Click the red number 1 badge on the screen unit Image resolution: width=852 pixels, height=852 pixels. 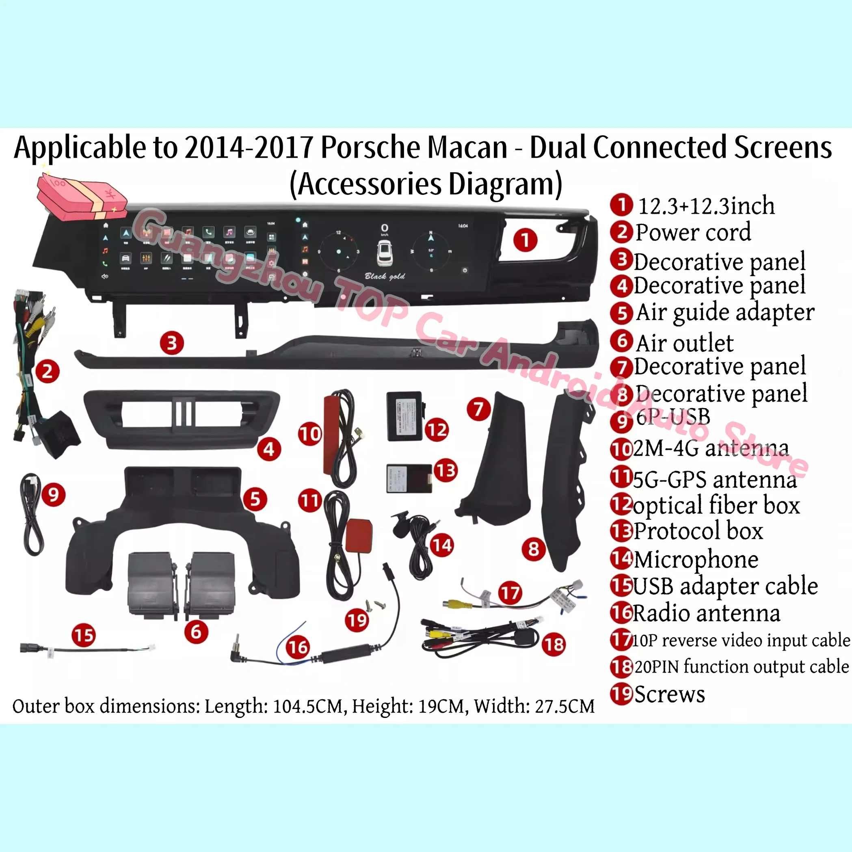525,240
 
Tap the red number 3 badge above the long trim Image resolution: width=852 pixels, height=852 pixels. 171,343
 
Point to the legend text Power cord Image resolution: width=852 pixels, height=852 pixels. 693,232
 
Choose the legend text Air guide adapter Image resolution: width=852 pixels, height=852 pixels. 725,312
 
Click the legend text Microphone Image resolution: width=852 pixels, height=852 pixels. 696,559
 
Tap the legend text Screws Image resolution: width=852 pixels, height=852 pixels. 669,694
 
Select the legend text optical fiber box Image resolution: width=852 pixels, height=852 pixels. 716,505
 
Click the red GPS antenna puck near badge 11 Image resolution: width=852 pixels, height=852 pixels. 359,535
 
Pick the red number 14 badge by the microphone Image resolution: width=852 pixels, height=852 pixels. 441,545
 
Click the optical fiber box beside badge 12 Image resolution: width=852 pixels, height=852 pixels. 404,416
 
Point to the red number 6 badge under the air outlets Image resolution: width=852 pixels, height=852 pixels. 196,631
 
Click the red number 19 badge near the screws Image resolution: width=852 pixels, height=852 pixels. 357,621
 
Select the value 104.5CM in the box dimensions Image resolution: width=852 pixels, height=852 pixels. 308,706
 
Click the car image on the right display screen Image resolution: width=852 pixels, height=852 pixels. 385,255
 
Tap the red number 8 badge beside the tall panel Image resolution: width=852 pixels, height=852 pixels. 534,549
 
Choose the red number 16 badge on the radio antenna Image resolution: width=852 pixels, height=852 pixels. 298,647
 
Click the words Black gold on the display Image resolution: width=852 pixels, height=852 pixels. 385,277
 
